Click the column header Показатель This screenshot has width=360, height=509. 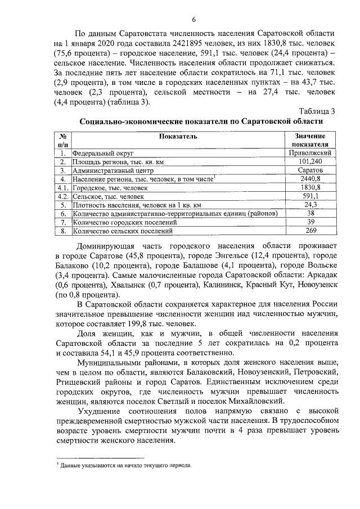click(x=178, y=137)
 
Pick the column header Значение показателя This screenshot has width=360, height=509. click(x=309, y=140)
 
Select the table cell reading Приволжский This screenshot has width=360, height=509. click(x=309, y=153)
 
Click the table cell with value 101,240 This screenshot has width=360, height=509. click(x=309, y=161)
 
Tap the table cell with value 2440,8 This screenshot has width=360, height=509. click(x=309, y=179)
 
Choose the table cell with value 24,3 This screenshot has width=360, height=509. click(x=309, y=205)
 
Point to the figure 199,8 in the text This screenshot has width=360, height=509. click(x=143, y=325)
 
